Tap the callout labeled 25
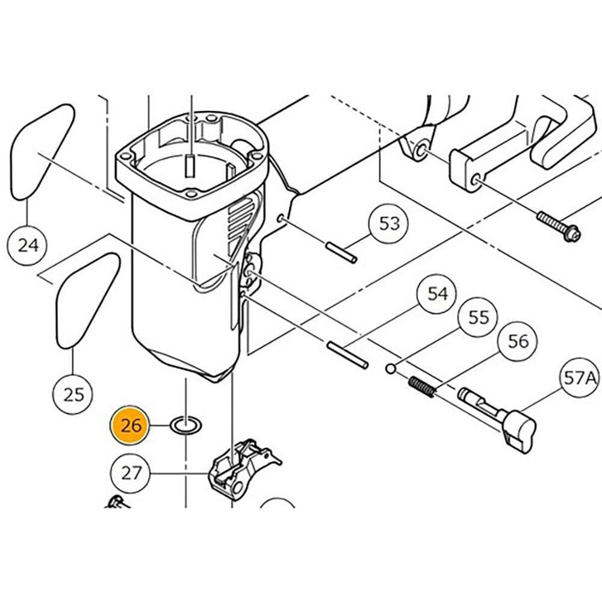coord(73,394)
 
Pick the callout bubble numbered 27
coord(131,473)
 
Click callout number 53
coord(389,224)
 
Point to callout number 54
coord(438,294)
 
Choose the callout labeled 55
coord(479,317)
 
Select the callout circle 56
coord(518,341)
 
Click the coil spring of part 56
coord(422,387)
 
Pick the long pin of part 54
coord(347,354)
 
